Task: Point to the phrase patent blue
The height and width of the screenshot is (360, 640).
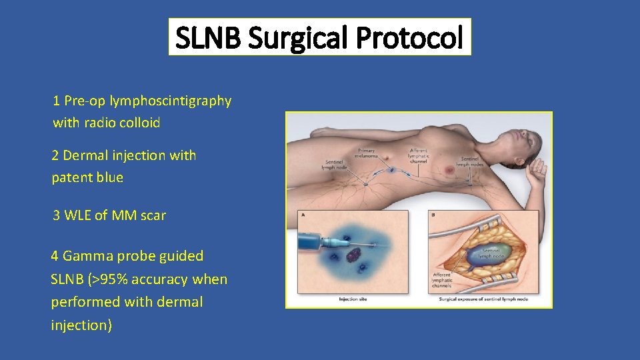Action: click(x=87, y=178)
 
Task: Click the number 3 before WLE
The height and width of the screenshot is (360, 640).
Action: click(x=57, y=215)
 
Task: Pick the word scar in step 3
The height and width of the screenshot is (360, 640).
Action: click(x=153, y=215)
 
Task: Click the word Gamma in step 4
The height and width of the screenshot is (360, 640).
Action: click(x=84, y=256)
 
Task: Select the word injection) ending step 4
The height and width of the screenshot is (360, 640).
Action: click(x=81, y=325)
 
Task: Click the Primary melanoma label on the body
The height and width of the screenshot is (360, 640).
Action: click(x=366, y=153)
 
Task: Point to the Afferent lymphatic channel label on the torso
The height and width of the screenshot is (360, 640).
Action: click(x=419, y=155)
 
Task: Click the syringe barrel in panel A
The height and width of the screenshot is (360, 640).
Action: click(x=313, y=241)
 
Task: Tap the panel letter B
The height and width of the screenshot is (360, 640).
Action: click(x=434, y=215)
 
